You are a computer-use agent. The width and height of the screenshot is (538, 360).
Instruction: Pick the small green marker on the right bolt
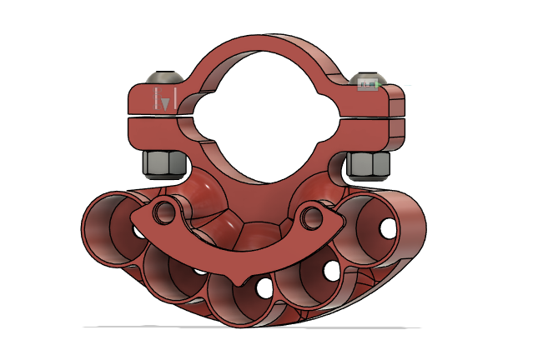[x=368, y=84]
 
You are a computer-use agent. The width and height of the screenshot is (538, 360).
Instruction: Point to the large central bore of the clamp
[x=264, y=125]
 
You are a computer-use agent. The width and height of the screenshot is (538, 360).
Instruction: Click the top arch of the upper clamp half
[x=265, y=48]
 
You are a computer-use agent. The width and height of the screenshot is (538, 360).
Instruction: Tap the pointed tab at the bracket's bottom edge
[x=241, y=278]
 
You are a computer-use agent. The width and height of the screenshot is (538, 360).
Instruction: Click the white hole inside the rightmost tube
[x=388, y=226]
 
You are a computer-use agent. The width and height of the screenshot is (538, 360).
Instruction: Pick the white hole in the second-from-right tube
[x=332, y=270]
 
